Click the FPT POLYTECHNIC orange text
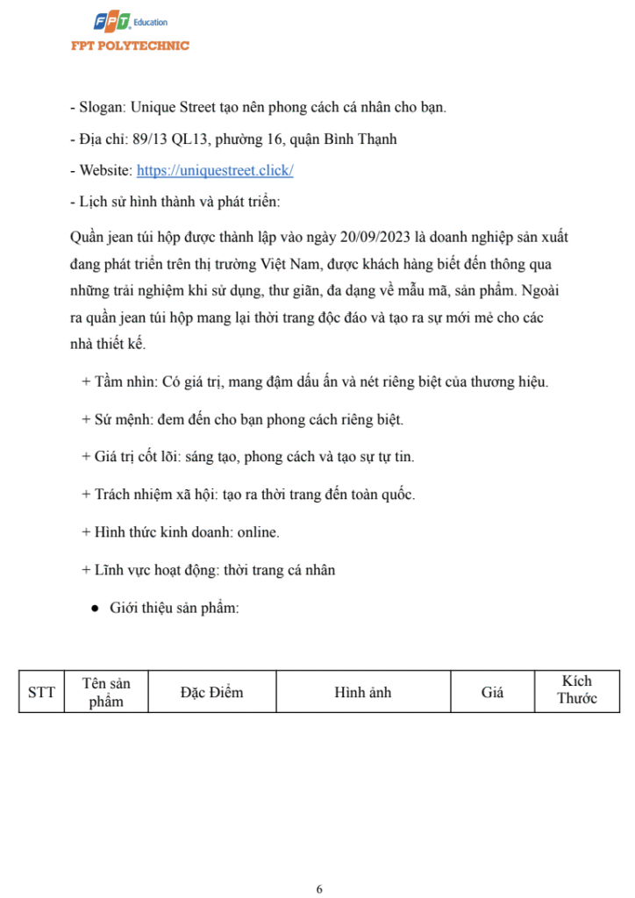[130, 46]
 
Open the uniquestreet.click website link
[215, 171]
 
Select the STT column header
[41, 693]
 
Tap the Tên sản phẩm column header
[106, 693]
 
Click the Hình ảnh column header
[362, 693]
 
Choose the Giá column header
[492, 693]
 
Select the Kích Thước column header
[577, 690]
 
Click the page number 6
[319, 888]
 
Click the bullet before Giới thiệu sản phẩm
[94, 608]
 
